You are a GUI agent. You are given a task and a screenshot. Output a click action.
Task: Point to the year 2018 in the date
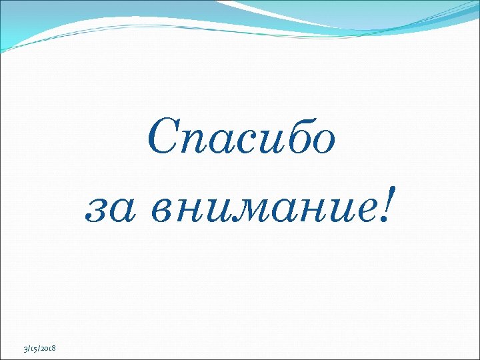pyautogui.click(x=49, y=349)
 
